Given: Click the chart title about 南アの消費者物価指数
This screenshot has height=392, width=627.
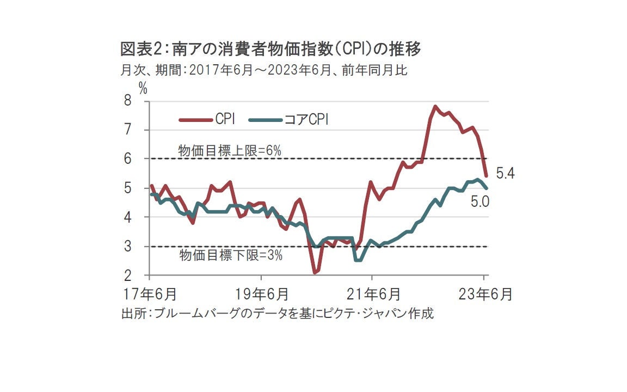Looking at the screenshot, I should pyautogui.click(x=271, y=50).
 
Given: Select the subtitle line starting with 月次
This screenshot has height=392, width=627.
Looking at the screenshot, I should pyautogui.click(x=263, y=71).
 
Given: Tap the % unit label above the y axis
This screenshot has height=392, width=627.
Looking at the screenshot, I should pyautogui.click(x=143, y=88).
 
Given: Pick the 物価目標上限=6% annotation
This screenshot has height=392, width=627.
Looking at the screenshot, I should pyautogui.click(x=230, y=151).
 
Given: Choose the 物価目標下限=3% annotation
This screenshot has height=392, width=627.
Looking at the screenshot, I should pyautogui.click(x=231, y=255).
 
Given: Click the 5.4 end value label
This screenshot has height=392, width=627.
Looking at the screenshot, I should pyautogui.click(x=505, y=174).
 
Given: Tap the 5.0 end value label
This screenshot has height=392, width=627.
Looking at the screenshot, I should pyautogui.click(x=481, y=202).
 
